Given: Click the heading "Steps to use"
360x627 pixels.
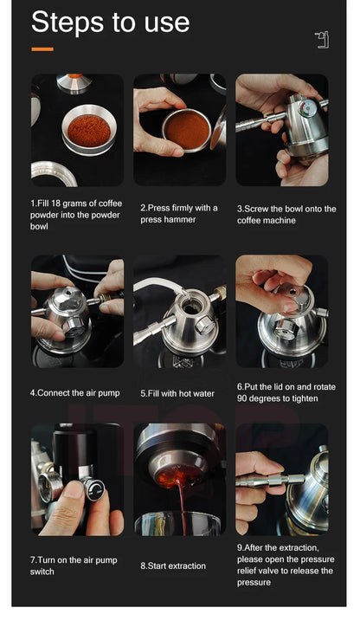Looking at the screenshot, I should pyautogui.click(x=110, y=23).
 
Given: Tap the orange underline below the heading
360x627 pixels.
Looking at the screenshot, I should pyautogui.click(x=42, y=48).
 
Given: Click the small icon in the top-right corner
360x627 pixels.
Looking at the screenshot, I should pyautogui.click(x=322, y=40).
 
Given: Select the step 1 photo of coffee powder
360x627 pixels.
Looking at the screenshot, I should pyautogui.click(x=77, y=130).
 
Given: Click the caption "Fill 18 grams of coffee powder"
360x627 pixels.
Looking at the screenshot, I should pyautogui.click(x=76, y=214).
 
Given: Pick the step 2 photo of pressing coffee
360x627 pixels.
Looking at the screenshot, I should pyautogui.click(x=179, y=130).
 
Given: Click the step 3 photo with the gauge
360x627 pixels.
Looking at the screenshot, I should pyautogui.click(x=281, y=130).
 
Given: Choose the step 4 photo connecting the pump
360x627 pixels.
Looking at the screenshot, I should pyautogui.click(x=77, y=310).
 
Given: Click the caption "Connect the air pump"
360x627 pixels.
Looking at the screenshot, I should pyautogui.click(x=76, y=392).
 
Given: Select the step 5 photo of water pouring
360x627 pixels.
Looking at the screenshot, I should pyautogui.click(x=179, y=310).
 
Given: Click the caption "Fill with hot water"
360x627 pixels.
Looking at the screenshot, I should pyautogui.click(x=177, y=392).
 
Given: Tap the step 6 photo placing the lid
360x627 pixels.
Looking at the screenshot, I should pyautogui.click(x=281, y=310).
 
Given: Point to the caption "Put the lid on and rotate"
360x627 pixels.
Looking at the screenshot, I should pyautogui.click(x=286, y=392).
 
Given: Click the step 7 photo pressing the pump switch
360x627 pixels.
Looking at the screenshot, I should pyautogui.click(x=77, y=479).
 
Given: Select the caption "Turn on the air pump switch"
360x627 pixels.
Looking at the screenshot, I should pyautogui.click(x=74, y=566).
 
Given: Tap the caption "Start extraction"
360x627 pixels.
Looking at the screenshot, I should pyautogui.click(x=173, y=566).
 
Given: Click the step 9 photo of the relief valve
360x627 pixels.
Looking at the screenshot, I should pyautogui.click(x=281, y=479).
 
